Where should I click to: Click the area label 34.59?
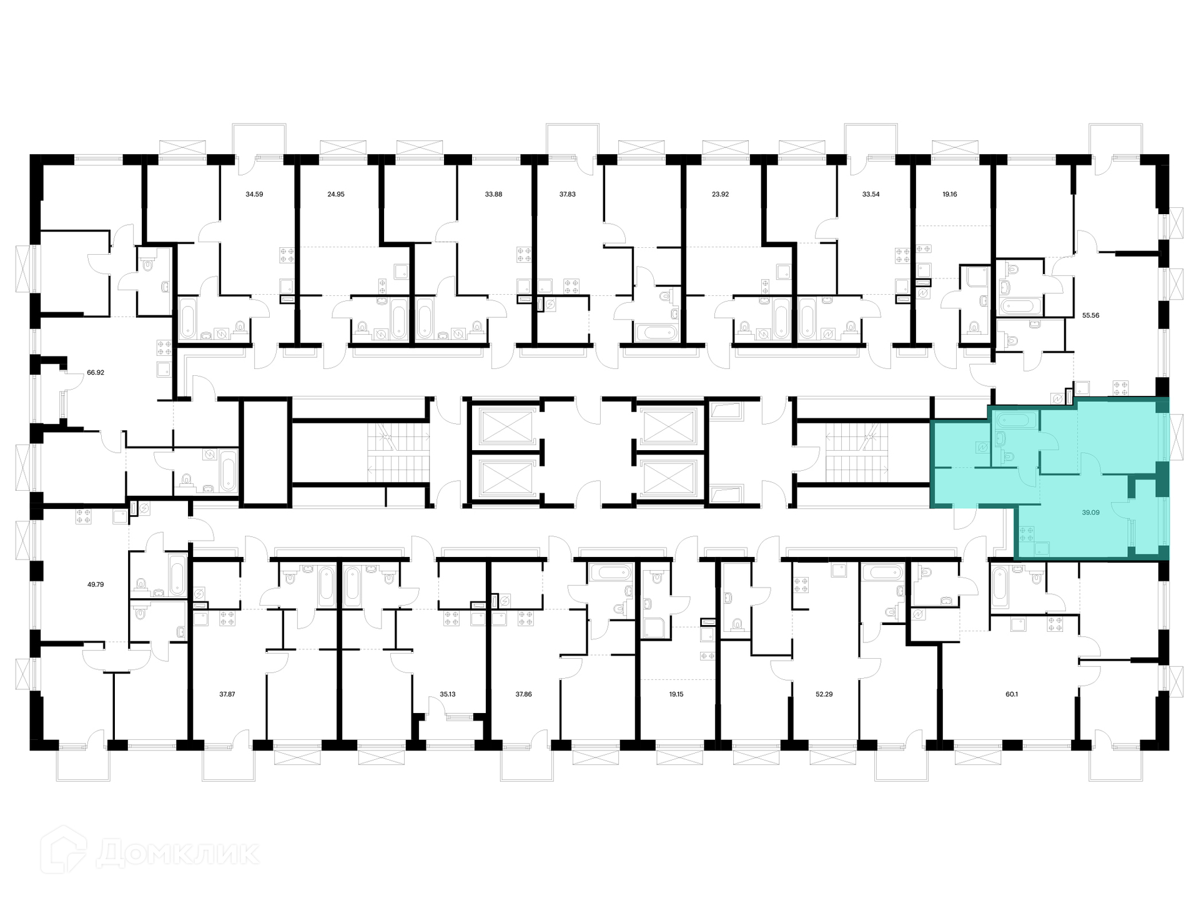coord(254,194)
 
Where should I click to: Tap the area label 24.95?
coord(336,194)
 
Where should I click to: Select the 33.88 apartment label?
coord(493,194)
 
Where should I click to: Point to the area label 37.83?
coord(567,194)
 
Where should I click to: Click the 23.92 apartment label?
coord(720,194)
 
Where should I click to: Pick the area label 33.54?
coord(871,194)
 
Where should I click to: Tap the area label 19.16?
coord(949,194)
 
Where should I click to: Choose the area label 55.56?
coord(1090,315)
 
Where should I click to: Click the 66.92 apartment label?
coord(96,372)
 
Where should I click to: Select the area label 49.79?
coord(96,584)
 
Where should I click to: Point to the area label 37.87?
coord(227,694)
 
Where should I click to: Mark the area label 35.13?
coord(448,694)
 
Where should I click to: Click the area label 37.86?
coord(523,694)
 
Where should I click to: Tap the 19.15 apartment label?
coord(676,694)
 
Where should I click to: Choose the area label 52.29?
coord(824,694)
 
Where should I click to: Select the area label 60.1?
coord(1012,694)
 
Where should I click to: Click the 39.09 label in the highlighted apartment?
coord(1090,513)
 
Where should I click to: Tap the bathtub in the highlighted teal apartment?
coord(1016,420)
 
